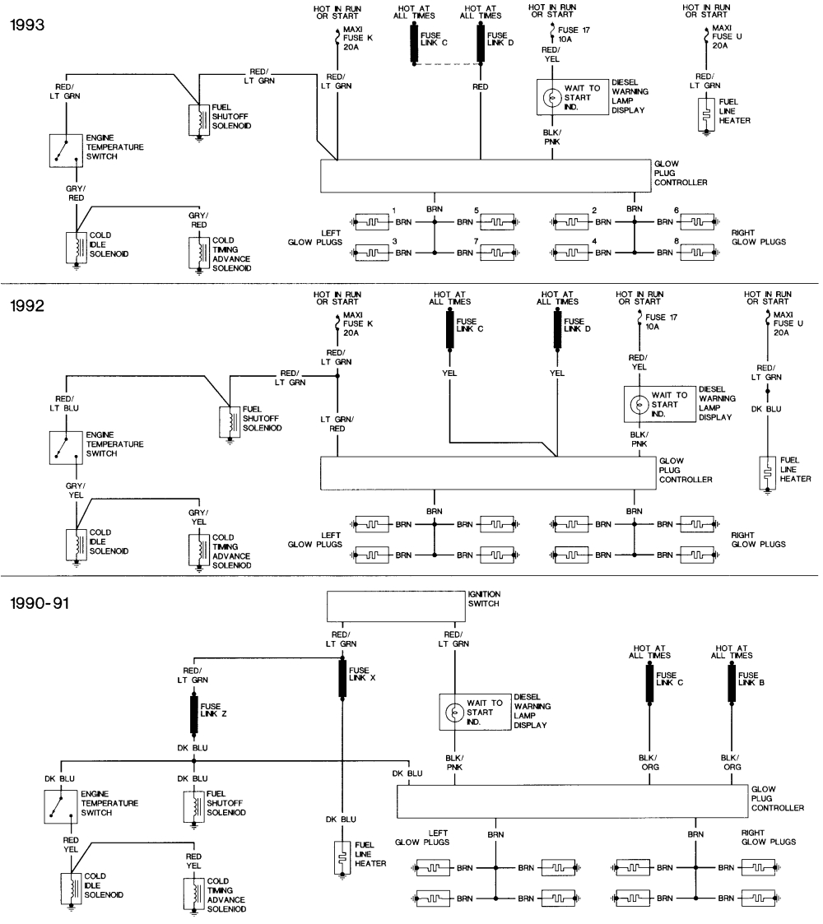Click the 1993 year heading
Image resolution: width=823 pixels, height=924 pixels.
pyautogui.click(x=27, y=24)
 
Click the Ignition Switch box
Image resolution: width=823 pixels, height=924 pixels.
pyautogui.click(x=396, y=606)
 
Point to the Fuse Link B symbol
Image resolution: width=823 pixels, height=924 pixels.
pyautogui.click(x=731, y=684)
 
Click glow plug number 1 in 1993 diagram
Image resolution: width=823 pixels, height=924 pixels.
pyautogui.click(x=370, y=221)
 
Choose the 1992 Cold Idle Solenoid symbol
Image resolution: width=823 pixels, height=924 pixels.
pyautogui.click(x=76, y=544)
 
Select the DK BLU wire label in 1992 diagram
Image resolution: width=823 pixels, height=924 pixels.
pyautogui.click(x=767, y=408)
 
